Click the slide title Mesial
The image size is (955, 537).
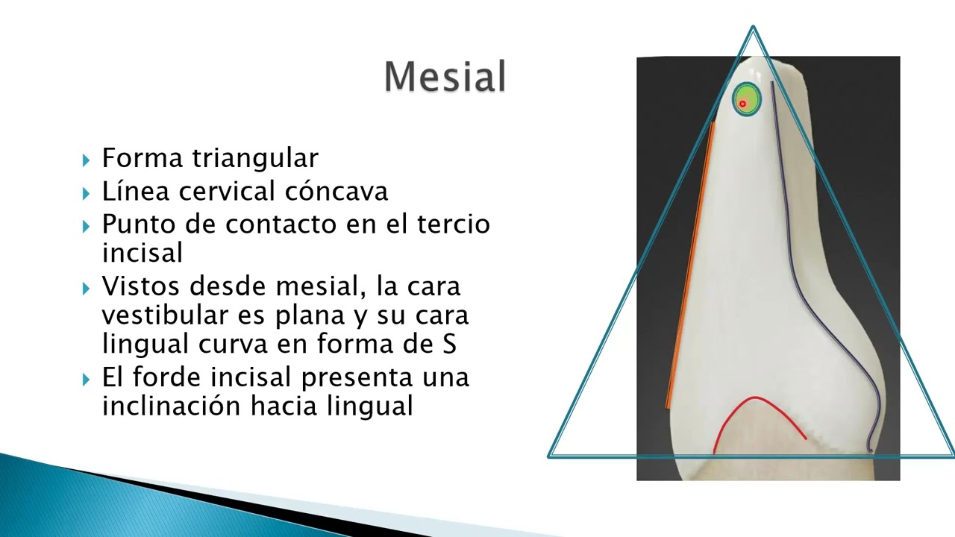click(x=445, y=77)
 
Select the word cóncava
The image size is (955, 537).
click(x=336, y=191)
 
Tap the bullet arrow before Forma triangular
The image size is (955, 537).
click(x=87, y=160)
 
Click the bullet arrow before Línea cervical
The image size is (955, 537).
click(x=87, y=192)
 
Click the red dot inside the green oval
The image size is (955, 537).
click(x=742, y=104)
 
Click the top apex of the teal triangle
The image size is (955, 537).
click(x=753, y=30)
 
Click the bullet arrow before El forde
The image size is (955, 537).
click(x=87, y=379)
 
